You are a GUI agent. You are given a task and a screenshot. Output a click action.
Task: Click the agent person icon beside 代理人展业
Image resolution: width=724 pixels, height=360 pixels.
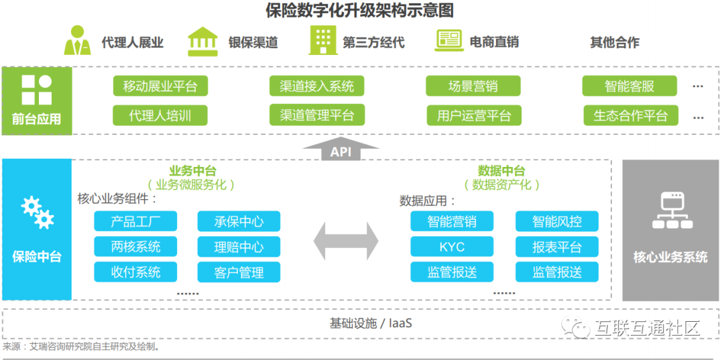click(77, 41)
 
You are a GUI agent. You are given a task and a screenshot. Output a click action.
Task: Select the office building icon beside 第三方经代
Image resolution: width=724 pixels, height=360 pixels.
click(323, 41)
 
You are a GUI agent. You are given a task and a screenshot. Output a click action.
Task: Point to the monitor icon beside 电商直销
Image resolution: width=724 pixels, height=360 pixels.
click(448, 40)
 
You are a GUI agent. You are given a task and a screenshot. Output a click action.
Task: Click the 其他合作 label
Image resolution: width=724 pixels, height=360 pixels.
click(614, 42)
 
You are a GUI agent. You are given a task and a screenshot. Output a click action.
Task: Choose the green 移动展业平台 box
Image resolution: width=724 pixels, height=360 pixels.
click(160, 86)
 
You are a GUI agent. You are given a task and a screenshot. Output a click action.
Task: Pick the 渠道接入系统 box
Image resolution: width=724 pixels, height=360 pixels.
click(316, 86)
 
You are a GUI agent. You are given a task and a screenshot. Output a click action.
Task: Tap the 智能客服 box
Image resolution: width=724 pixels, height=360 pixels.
click(629, 86)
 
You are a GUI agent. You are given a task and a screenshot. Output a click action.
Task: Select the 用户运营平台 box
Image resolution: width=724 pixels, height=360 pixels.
click(474, 115)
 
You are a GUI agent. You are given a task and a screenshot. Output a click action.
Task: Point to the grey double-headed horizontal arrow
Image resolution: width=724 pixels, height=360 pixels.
click(346, 239)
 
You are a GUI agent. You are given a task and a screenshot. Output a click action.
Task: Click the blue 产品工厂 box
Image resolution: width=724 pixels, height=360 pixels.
click(135, 222)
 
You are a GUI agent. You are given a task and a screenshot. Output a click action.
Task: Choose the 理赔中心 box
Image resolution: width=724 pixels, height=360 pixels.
click(239, 247)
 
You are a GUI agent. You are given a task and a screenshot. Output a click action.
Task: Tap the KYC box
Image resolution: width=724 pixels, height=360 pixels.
click(452, 247)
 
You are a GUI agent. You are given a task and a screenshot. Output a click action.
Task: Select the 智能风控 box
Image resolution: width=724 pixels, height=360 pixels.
click(556, 222)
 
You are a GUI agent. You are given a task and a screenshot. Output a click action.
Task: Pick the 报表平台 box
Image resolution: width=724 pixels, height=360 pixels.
click(556, 247)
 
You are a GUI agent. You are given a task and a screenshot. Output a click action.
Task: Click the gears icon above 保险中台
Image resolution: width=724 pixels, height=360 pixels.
click(38, 213)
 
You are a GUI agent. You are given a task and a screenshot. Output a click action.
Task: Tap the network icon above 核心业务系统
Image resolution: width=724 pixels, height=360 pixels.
click(670, 211)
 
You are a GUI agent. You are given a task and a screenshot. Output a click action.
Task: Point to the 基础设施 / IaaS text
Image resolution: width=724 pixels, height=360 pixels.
click(371, 323)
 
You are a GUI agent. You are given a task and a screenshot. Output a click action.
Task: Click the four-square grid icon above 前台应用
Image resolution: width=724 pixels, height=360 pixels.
click(36, 90)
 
